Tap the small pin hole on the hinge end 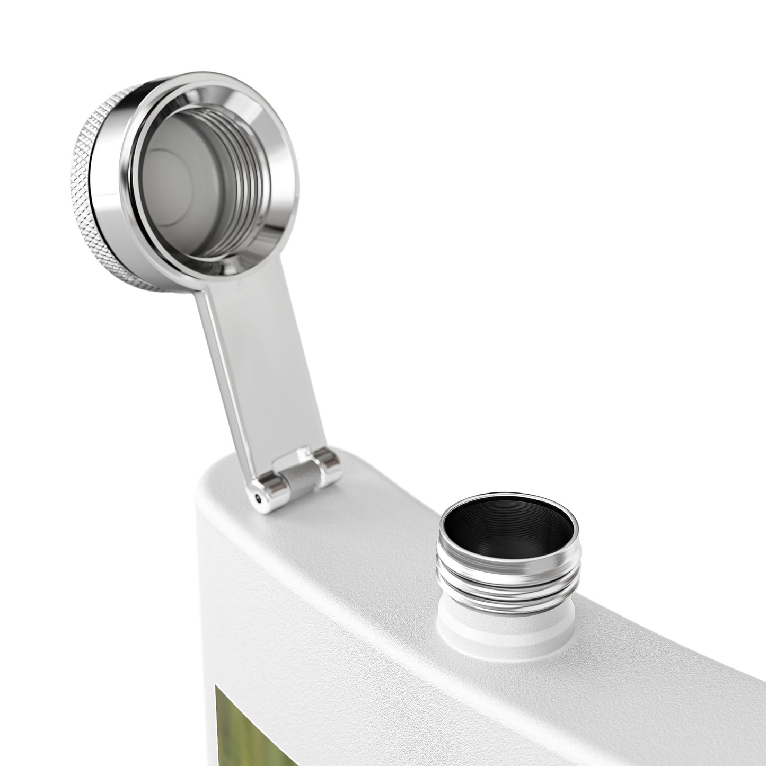tap(258, 497)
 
